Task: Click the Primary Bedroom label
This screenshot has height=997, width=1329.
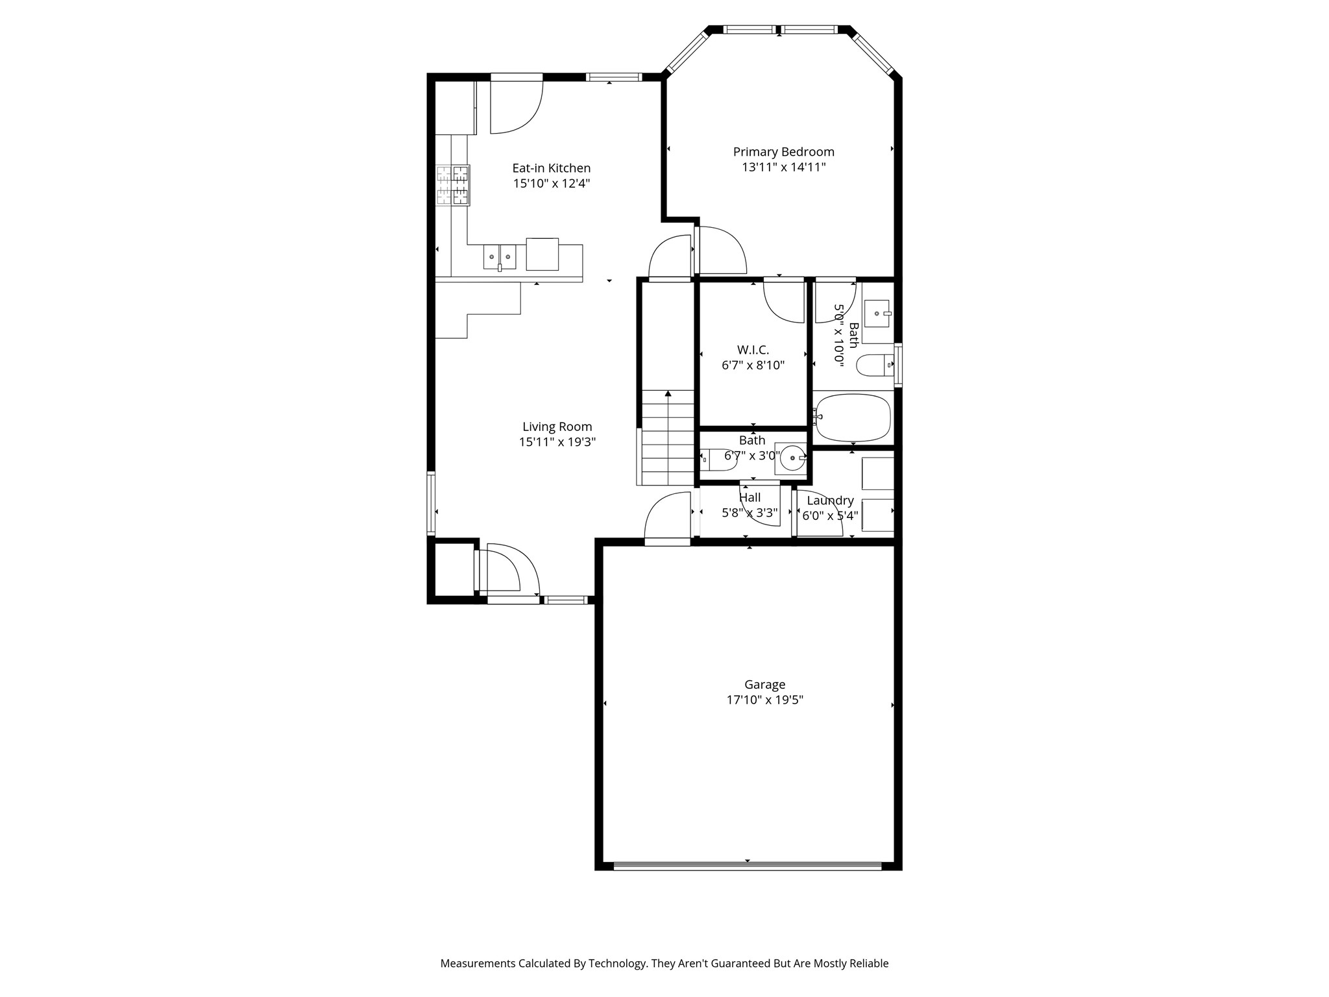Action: [783, 152]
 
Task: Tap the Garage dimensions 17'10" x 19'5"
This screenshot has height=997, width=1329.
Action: [764, 700]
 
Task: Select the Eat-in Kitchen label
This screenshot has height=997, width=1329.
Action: [551, 168]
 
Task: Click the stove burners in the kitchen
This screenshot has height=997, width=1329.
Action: [452, 185]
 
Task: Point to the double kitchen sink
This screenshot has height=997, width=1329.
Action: [499, 257]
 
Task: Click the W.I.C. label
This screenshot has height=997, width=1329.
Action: [753, 350]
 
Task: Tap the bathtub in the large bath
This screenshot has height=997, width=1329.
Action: [853, 417]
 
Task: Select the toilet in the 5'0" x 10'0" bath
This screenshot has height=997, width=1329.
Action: [874, 366]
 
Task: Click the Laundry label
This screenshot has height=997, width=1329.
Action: [830, 500]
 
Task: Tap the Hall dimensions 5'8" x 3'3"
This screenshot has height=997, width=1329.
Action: [750, 513]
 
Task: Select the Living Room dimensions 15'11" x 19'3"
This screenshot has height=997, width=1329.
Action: [557, 443]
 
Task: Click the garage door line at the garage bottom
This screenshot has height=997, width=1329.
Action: [748, 866]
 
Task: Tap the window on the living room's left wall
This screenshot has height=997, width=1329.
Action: [431, 504]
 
